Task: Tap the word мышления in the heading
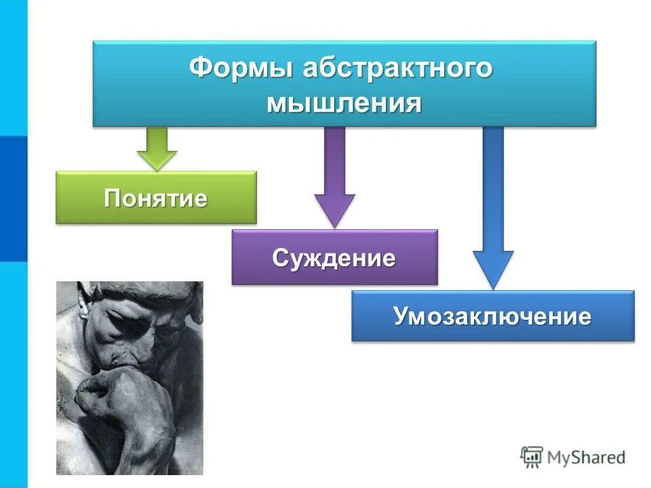coord(344,104)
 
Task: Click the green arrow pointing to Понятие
coord(157,147)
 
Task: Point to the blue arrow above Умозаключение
coord(493,203)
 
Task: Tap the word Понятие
coord(156,198)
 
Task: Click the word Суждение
coord(334,258)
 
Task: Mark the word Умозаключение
coord(493,317)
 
